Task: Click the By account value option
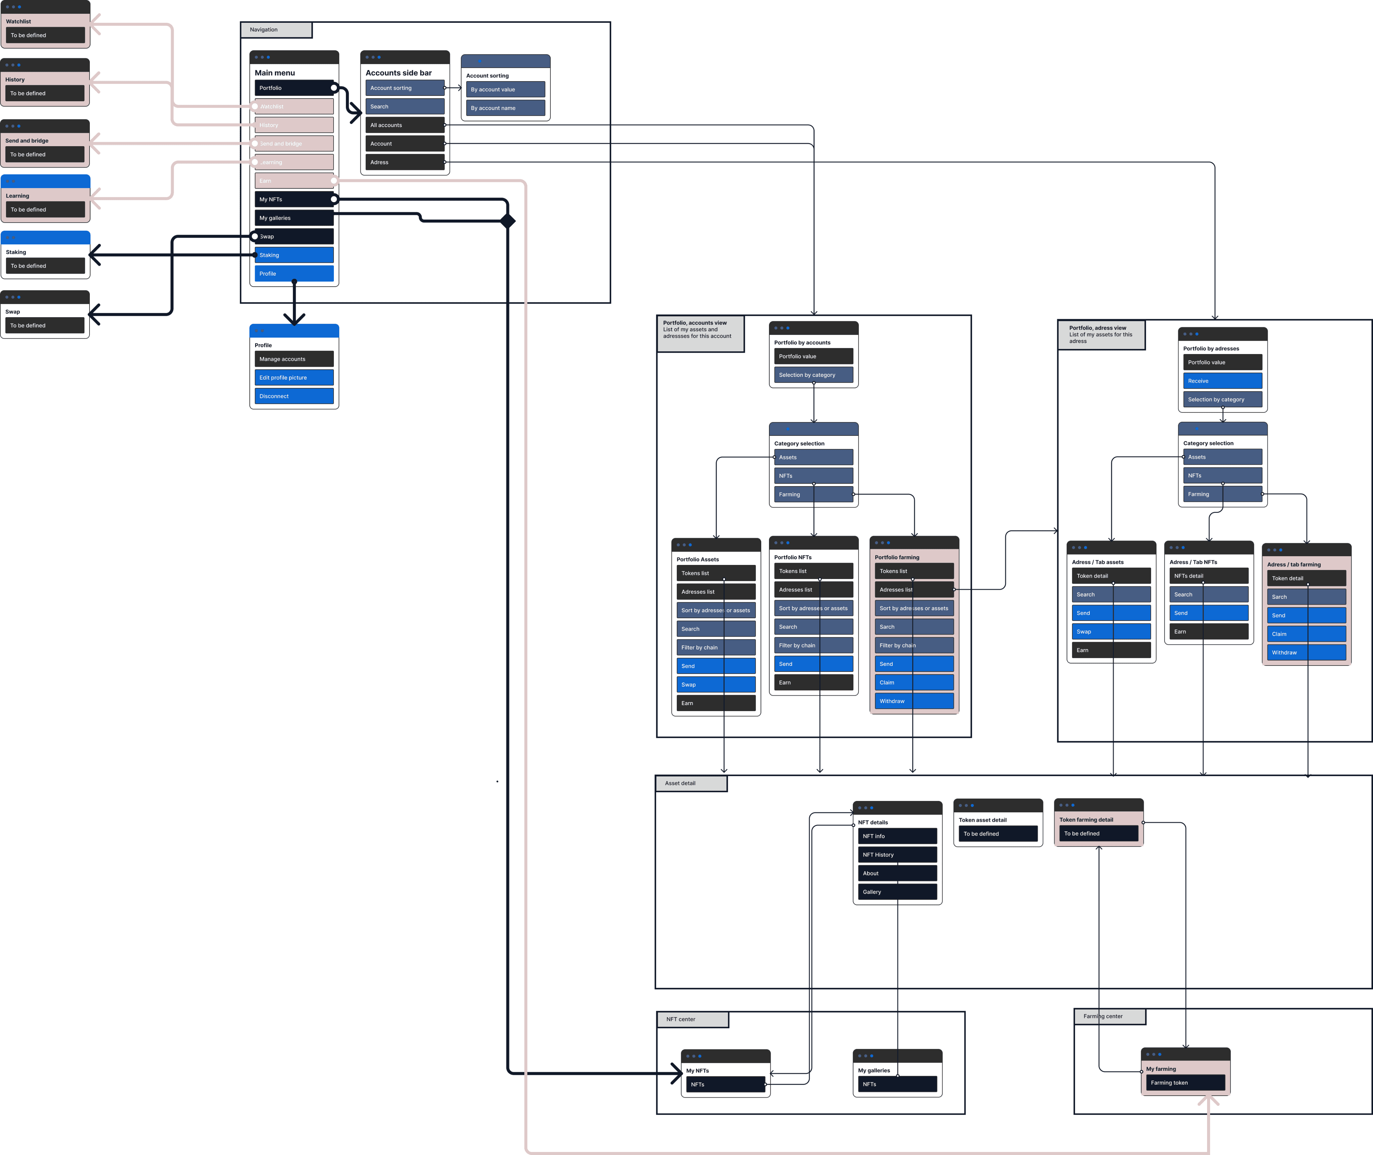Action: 505,90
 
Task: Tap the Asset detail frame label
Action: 691,783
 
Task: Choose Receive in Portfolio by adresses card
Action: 1222,381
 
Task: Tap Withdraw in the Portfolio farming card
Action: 914,701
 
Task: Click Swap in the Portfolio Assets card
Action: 716,685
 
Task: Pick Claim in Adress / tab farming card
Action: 1306,634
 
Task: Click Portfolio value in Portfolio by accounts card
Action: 813,356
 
